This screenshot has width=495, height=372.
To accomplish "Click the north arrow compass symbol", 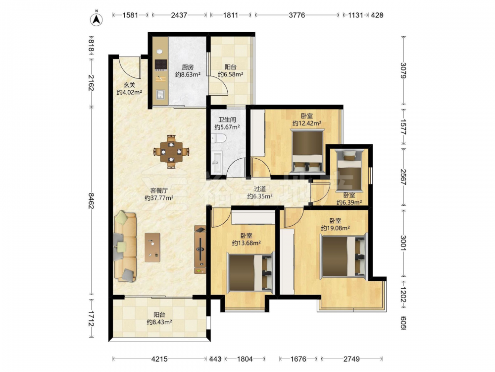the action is tap(97, 19).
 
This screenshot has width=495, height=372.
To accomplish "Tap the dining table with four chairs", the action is tap(171, 151).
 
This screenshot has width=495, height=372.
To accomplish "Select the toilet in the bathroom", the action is tap(218, 137).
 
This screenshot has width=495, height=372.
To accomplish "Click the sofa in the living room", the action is tap(125, 247).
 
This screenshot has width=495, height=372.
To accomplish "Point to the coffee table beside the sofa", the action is tap(152, 248).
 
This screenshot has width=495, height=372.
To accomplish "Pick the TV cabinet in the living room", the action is tap(200, 249).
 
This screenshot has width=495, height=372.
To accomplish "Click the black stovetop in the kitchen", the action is tap(160, 64).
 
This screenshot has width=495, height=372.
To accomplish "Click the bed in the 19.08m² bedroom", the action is tap(344, 255).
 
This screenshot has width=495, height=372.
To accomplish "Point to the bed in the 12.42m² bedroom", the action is tap(307, 151).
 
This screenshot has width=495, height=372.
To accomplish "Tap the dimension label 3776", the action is tap(297, 15).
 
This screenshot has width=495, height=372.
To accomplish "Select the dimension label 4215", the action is tap(159, 359).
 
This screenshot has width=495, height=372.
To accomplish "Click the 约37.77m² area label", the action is tap(159, 198).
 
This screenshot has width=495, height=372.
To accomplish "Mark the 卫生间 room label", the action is tap(227, 120).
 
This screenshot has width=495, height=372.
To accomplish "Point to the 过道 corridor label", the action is tap(260, 189).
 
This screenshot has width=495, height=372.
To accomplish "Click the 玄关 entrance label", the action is tap(129, 85).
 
